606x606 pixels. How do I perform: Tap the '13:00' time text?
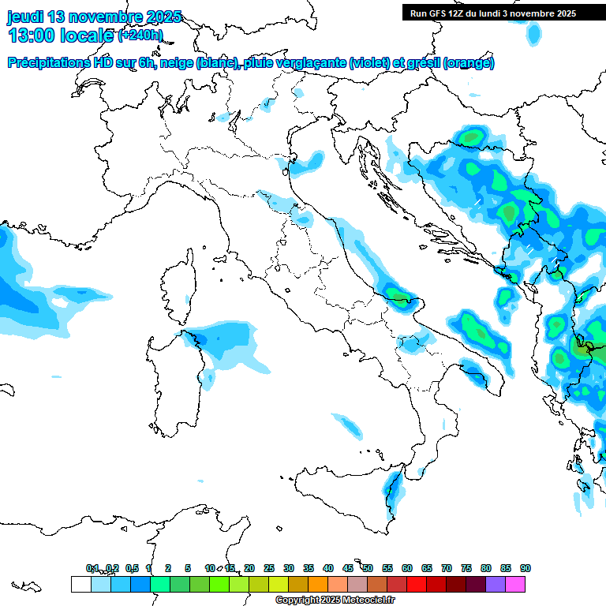tap(32, 36)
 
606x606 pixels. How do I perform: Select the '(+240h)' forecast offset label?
tap(140, 36)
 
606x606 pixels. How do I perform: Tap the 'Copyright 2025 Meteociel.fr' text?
tap(335, 600)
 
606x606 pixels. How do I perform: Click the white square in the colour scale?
tap(80, 584)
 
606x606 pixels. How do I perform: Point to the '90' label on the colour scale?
tap(526, 568)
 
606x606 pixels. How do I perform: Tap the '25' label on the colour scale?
tap(269, 568)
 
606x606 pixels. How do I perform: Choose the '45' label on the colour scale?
tap(348, 568)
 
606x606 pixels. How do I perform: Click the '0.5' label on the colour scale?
tap(132, 568)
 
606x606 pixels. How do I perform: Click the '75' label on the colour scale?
tap(466, 568)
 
